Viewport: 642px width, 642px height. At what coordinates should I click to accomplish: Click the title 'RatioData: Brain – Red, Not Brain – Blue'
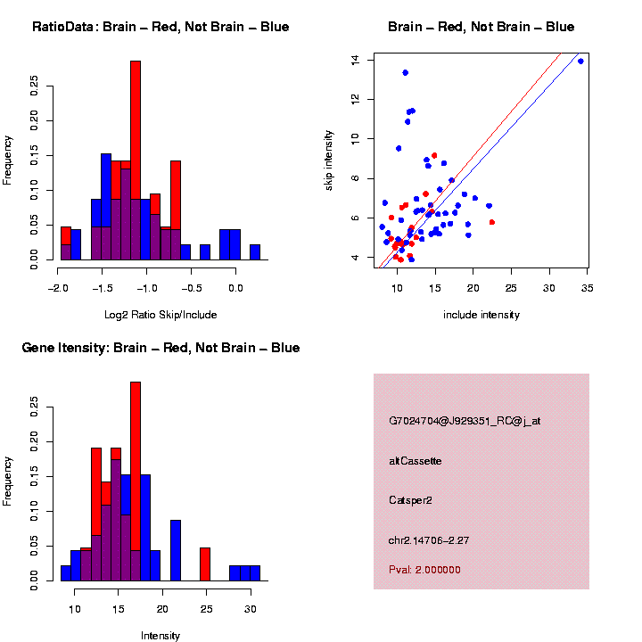[x=160, y=27]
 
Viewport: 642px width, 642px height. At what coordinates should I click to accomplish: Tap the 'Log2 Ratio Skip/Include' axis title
[x=160, y=314]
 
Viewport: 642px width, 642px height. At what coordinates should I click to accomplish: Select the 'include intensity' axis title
[x=481, y=314]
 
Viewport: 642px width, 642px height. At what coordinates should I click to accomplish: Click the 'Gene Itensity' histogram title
[x=160, y=348]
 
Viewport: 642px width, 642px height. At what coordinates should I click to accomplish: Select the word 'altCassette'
[x=416, y=461]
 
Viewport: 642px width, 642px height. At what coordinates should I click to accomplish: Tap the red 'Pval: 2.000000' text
[x=425, y=569]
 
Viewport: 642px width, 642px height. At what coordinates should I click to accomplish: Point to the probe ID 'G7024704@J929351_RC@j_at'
[x=465, y=421]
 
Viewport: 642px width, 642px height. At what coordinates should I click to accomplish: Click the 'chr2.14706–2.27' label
[x=434, y=539]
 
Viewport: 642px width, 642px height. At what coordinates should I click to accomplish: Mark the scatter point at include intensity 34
[x=580, y=61]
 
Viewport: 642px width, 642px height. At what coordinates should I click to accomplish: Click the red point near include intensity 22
[x=492, y=222]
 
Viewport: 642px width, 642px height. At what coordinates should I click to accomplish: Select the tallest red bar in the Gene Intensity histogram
[x=136, y=464]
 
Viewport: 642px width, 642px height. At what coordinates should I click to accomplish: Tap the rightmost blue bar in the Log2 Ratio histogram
[x=255, y=252]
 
